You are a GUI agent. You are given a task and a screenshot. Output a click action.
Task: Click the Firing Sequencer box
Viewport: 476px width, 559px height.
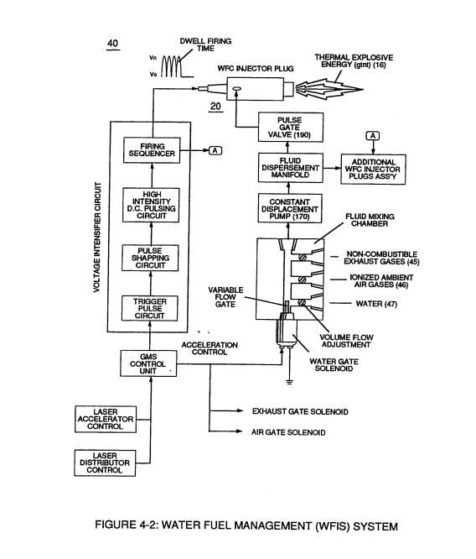(x=152, y=150)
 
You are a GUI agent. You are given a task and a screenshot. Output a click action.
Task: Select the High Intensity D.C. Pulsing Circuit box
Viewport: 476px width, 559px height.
(x=151, y=206)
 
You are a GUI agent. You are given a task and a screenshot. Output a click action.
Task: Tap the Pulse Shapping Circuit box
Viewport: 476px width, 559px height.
(x=150, y=258)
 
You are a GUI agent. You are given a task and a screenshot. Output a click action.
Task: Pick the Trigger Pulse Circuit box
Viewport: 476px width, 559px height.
(x=149, y=308)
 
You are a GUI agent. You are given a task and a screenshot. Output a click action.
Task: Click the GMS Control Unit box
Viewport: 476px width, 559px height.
(x=148, y=363)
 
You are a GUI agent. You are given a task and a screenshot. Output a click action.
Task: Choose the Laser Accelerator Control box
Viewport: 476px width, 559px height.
(x=106, y=420)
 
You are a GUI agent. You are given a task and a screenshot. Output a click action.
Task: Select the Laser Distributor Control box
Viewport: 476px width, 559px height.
(x=105, y=462)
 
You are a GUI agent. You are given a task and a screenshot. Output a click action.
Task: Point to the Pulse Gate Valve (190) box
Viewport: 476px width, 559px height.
(x=291, y=128)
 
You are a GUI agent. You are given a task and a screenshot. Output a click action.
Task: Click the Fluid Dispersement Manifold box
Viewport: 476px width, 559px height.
(x=291, y=168)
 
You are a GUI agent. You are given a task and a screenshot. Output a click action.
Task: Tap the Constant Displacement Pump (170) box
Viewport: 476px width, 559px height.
(x=290, y=208)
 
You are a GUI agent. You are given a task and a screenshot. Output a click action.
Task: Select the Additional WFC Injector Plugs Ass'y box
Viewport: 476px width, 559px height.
(x=373, y=170)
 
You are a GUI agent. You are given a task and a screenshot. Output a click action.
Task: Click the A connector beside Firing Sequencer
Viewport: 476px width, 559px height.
(x=215, y=151)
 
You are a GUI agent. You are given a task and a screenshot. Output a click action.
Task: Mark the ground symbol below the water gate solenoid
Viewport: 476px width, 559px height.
(x=289, y=382)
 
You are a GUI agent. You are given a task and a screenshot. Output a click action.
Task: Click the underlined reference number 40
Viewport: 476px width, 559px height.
(x=112, y=44)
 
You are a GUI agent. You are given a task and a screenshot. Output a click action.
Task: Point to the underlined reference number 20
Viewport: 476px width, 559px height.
(x=215, y=107)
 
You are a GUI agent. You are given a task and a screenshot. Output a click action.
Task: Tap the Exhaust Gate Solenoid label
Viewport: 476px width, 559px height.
(x=300, y=412)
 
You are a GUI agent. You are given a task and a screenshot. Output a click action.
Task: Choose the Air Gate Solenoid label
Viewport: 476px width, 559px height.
(x=288, y=432)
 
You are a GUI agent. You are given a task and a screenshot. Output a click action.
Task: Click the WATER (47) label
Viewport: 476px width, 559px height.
(x=376, y=304)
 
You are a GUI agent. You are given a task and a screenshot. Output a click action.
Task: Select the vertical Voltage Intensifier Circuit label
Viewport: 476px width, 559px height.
(x=97, y=238)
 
